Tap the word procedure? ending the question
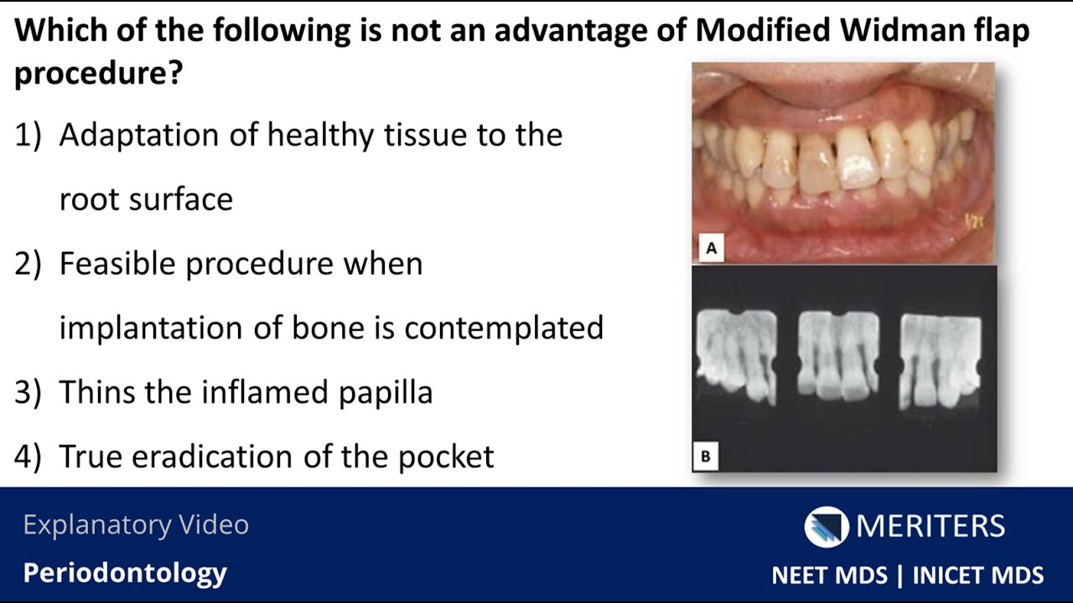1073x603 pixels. coord(99,74)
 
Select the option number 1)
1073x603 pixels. coord(28,135)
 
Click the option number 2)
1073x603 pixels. coord(28,264)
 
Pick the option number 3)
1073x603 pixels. coord(28,392)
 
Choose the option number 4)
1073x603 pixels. coord(28,456)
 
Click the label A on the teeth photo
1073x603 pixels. coord(712,249)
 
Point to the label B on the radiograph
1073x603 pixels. coord(706,456)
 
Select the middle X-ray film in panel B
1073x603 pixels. coord(838,353)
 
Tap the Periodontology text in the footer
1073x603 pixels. coord(125,573)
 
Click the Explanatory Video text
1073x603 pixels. coord(136,525)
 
